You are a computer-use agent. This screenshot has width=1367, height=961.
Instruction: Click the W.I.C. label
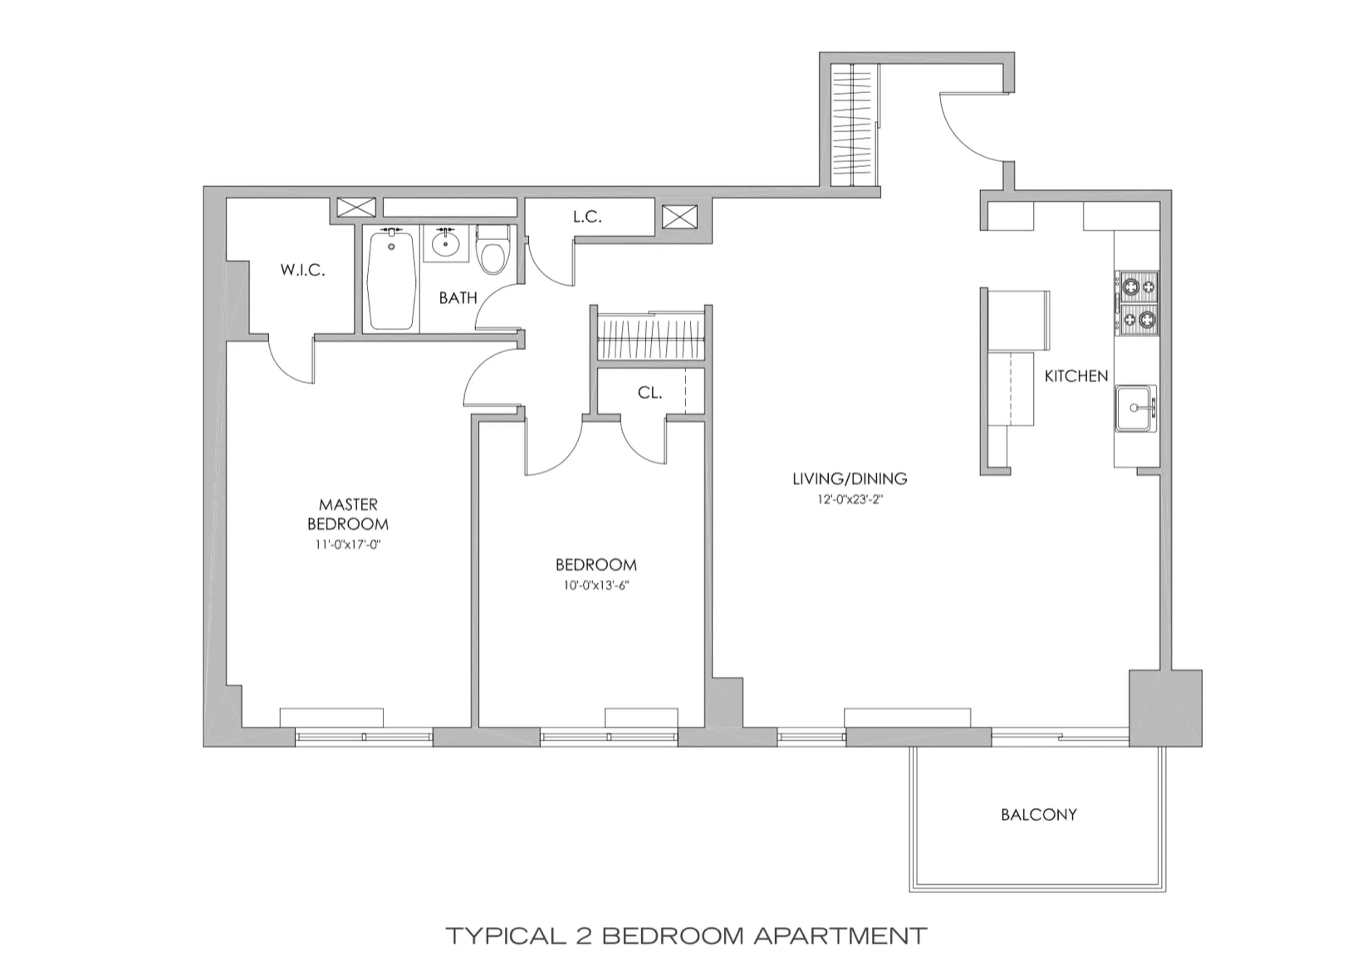302,270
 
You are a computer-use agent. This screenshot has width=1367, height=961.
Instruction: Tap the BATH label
458,297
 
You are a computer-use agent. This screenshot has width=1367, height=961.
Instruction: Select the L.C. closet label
587,217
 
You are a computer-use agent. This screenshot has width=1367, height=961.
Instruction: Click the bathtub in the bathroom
391,280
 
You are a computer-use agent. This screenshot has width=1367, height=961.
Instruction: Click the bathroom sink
447,243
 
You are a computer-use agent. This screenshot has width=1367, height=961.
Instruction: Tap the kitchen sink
1135,408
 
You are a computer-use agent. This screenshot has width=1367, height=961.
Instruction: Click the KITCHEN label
1076,376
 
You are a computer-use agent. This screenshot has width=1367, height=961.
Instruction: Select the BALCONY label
1038,815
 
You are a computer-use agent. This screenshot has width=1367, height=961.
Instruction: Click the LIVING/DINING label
850,478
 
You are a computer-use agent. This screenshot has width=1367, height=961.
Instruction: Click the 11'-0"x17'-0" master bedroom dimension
348,546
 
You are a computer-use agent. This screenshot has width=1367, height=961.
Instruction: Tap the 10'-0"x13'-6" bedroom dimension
595,586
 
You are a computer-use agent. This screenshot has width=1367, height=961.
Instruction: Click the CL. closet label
649,393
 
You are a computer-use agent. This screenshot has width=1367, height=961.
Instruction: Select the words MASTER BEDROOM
348,514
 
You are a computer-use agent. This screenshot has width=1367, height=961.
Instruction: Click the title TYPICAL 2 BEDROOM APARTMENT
686,936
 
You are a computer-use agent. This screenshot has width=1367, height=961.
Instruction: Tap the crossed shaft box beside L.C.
680,218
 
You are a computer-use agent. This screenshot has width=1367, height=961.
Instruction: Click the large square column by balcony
1165,707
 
